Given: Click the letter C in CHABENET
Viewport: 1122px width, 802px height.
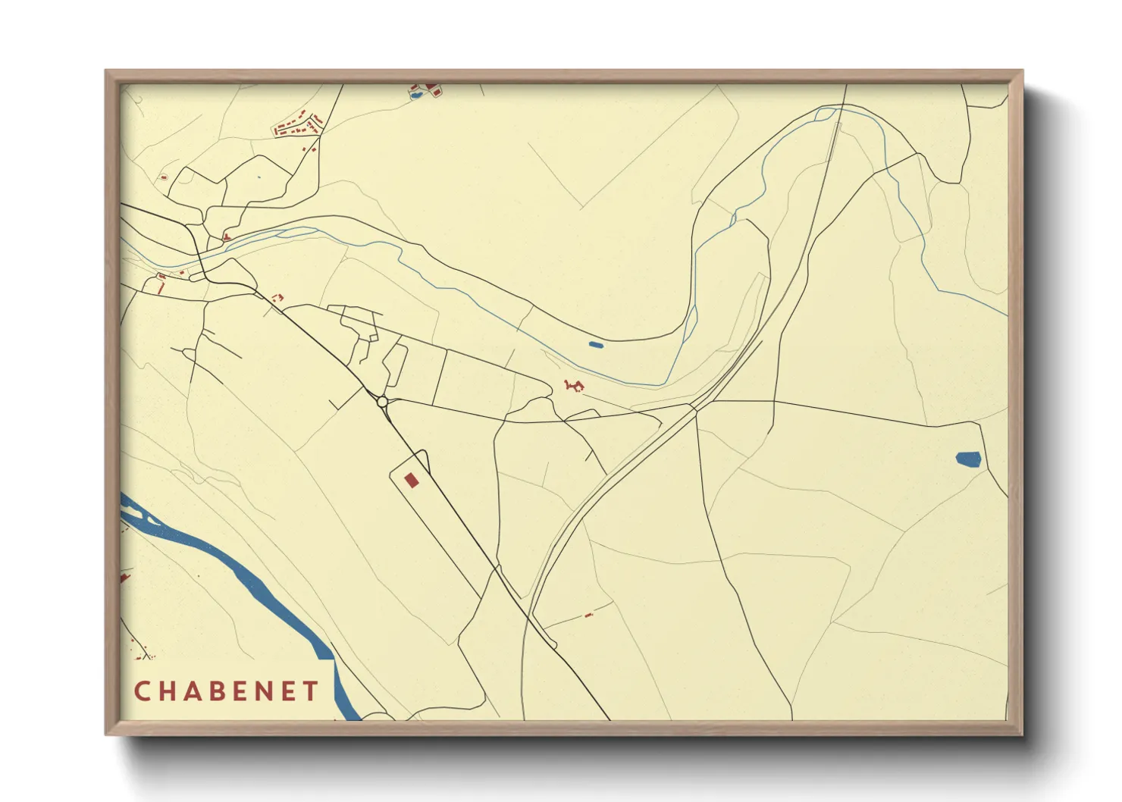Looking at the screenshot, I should tap(142, 691).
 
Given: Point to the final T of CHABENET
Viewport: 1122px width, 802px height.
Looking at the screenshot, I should tap(311, 691).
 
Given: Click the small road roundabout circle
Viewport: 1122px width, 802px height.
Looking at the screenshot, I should tap(382, 401).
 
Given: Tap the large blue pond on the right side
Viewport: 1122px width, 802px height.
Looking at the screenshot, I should tap(968, 459).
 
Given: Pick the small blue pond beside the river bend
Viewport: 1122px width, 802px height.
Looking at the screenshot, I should tap(596, 345).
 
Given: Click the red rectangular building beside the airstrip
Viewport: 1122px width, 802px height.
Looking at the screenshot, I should tap(411, 480).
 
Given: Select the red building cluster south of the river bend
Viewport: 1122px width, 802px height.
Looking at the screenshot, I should tap(574, 387).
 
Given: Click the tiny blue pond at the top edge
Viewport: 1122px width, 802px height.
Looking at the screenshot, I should tap(415, 96).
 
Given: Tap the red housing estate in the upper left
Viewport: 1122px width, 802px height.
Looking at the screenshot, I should tap(298, 126).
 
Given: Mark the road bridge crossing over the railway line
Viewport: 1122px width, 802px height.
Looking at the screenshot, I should tap(694, 410).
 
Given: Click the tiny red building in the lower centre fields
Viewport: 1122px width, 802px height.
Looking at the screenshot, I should tap(588, 616).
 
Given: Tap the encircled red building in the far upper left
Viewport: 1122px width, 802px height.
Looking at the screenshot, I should tap(164, 177).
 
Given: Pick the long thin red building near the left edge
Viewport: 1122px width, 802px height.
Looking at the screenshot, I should tap(161, 288).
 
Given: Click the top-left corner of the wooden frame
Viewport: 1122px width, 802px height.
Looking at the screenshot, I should tap(106, 70).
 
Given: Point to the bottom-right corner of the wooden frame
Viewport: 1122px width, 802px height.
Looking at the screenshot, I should tap(1023, 735).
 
